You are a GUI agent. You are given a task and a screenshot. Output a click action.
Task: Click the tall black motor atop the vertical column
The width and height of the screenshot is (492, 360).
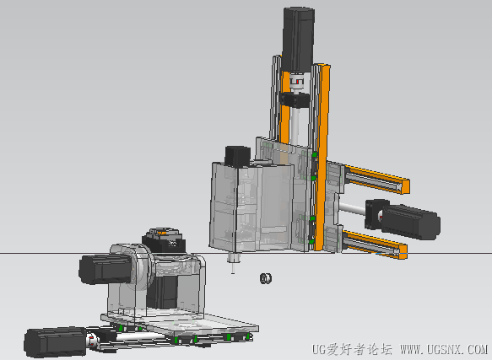[x=299, y=39]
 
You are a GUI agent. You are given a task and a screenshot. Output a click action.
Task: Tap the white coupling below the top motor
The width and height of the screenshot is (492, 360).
[x=297, y=81]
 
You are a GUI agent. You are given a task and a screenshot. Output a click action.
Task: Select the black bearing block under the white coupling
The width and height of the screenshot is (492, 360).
[x=295, y=99]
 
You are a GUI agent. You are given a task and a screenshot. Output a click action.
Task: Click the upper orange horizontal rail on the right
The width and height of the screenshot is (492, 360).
[x=376, y=179]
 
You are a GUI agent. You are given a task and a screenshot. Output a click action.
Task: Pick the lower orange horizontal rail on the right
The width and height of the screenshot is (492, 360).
[x=374, y=244]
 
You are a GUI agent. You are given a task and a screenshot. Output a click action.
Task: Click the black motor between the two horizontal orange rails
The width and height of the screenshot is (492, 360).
[x=410, y=222]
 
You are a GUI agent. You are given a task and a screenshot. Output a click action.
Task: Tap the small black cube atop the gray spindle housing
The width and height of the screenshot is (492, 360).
[x=238, y=156]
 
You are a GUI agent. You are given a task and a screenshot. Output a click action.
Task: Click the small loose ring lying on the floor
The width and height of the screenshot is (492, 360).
[x=266, y=278]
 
